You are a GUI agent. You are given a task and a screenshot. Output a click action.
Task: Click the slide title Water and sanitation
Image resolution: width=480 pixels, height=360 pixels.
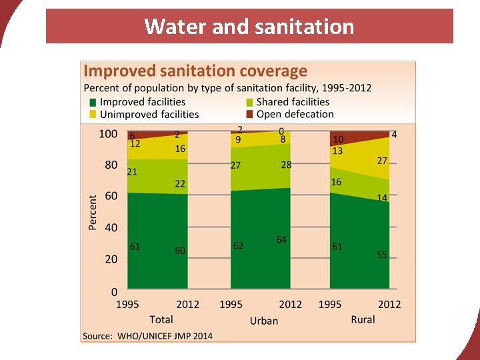click(x=249, y=26)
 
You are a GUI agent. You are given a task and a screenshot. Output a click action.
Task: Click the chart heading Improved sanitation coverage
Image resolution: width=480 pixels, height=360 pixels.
click(x=195, y=71)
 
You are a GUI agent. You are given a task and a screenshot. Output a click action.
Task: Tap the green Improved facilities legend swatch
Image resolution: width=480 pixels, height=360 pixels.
click(x=93, y=102)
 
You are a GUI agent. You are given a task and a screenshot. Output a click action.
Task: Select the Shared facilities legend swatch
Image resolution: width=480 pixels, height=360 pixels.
click(x=249, y=102)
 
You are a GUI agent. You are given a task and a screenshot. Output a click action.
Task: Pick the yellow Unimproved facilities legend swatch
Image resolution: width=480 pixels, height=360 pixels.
click(x=93, y=114)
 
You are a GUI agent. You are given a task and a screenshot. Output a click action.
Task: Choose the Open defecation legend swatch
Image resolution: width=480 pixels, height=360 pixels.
click(x=249, y=114)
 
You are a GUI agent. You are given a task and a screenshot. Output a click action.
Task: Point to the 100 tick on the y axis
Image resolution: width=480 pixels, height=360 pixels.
click(x=108, y=134)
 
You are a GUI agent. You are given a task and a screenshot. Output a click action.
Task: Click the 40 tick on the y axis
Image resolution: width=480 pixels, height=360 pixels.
click(x=111, y=227)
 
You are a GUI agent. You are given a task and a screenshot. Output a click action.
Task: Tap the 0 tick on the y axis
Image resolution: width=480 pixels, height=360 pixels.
click(x=114, y=291)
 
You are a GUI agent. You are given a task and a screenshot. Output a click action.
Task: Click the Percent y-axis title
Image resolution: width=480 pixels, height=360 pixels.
click(x=93, y=213)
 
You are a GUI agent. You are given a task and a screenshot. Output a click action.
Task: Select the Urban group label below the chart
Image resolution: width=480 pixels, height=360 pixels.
click(x=264, y=321)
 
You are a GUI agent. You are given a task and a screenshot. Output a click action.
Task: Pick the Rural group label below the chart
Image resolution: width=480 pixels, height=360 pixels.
click(x=363, y=319)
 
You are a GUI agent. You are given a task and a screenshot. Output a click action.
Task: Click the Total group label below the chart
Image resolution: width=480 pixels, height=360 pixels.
click(x=161, y=319)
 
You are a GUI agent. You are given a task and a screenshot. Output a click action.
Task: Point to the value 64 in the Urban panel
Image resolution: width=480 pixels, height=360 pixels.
click(x=281, y=239)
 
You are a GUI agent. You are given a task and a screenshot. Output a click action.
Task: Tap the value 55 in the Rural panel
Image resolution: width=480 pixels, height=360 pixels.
click(x=382, y=255)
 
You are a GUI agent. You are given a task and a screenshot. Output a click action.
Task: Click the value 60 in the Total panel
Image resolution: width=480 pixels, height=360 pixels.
click(x=180, y=250)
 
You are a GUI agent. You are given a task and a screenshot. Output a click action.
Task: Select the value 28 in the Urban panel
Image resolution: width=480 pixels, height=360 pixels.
click(x=286, y=165)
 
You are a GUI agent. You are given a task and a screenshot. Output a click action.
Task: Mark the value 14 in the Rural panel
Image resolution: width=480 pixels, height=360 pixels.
click(x=382, y=198)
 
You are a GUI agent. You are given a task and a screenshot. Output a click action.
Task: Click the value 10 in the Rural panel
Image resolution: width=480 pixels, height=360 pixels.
click(x=338, y=139)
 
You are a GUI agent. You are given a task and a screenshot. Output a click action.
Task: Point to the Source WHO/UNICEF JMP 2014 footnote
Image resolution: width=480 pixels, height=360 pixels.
click(x=147, y=335)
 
